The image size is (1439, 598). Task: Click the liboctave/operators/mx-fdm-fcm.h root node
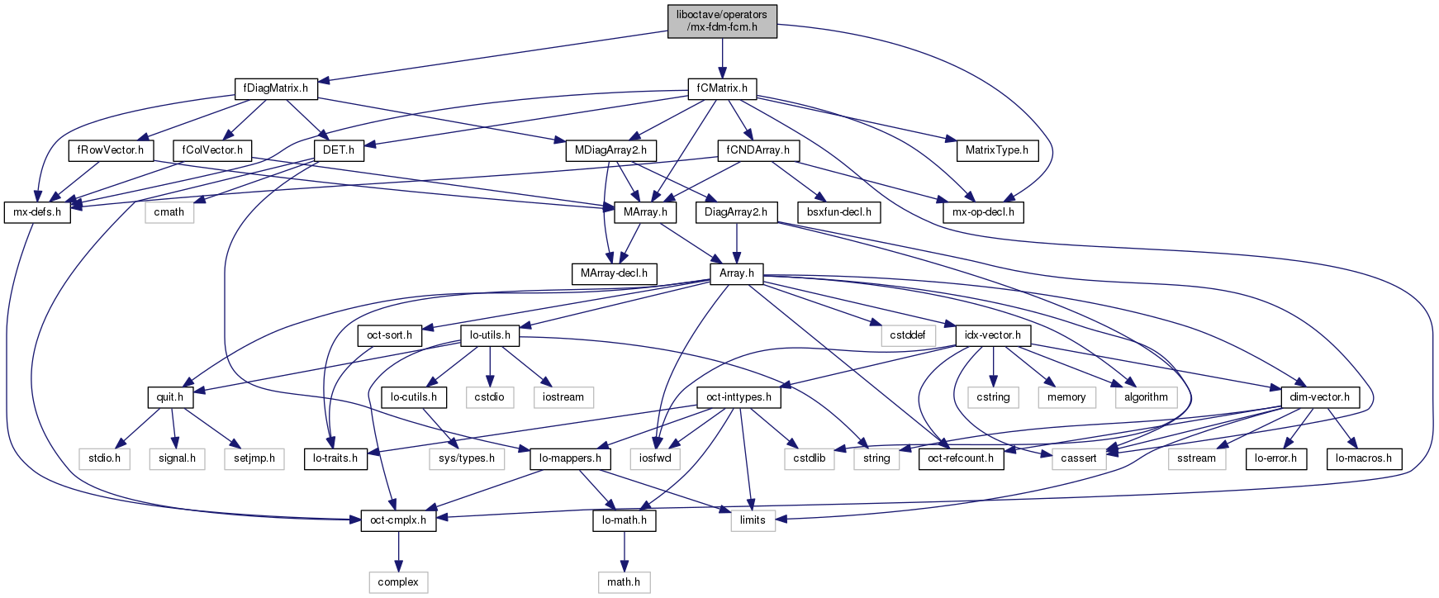pyautogui.click(x=722, y=21)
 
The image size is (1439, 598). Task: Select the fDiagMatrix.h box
pyautogui.click(x=276, y=88)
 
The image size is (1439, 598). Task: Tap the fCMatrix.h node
pyautogui.click(x=722, y=88)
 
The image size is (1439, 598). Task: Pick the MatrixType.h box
pyautogui.click(x=996, y=149)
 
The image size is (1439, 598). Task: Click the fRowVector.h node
pyautogui.click(x=110, y=149)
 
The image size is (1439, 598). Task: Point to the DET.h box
pyautogui.click(x=339, y=149)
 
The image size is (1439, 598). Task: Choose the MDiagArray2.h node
pyautogui.click(x=610, y=149)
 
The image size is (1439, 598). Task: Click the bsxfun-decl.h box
pyautogui.click(x=839, y=211)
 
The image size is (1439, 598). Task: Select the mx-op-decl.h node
pyautogui.click(x=983, y=211)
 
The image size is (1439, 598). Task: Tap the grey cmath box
pyautogui.click(x=169, y=211)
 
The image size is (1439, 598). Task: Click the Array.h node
pyautogui.click(x=737, y=273)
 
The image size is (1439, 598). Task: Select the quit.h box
pyautogui.click(x=170, y=396)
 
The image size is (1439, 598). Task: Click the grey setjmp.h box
pyautogui.click(x=254, y=458)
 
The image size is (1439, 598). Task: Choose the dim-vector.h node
pyautogui.click(x=1320, y=396)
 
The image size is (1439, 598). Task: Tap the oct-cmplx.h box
pyautogui.click(x=398, y=520)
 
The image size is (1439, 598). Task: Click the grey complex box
pyautogui.click(x=398, y=581)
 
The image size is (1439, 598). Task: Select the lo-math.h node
pyautogui.click(x=624, y=520)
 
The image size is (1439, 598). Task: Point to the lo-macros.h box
pyautogui.click(x=1364, y=458)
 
